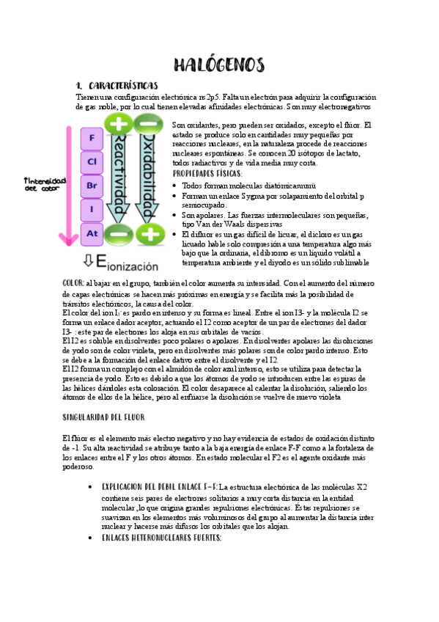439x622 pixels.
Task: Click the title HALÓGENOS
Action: pos(219,65)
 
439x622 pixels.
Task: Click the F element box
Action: pos(92,138)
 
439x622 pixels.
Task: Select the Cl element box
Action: pos(92,161)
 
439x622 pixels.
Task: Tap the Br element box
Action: pos(92,186)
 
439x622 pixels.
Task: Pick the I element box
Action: pos(92,210)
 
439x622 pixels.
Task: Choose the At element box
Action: pos(92,234)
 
